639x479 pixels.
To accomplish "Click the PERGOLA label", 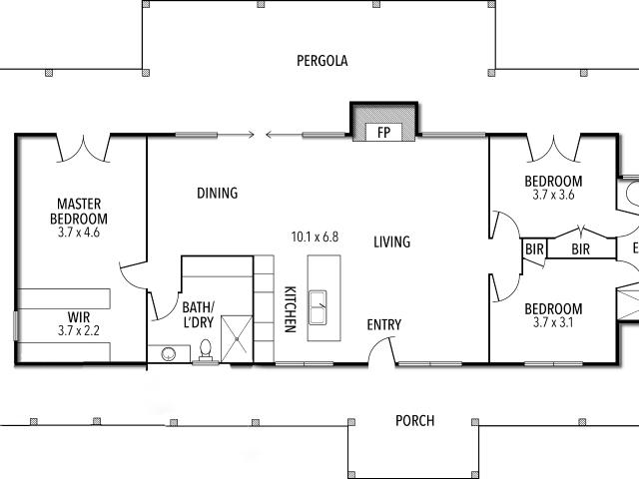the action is (x=321, y=61).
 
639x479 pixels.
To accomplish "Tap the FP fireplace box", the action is (x=383, y=133).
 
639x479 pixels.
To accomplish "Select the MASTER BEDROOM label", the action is (x=79, y=212).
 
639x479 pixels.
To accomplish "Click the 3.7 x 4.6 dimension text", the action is (x=79, y=233).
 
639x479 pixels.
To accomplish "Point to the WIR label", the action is (x=79, y=317).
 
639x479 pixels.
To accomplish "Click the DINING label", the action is (x=218, y=193).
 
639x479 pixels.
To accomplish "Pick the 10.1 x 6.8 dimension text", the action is (x=315, y=237).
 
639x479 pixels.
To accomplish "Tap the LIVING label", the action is (x=392, y=241).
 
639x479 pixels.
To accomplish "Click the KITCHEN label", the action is (x=290, y=309).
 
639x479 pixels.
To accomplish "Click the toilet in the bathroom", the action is (x=206, y=350).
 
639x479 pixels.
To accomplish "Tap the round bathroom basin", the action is (x=169, y=354).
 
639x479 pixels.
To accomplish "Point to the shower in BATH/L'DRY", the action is (x=237, y=338).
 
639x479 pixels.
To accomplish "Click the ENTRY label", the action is (x=383, y=324).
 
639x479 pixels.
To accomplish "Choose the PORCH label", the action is (x=415, y=421).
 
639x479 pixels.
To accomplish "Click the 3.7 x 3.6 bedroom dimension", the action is (x=553, y=195).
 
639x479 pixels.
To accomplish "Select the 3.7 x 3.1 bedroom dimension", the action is (x=553, y=322).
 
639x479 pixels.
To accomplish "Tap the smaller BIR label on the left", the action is (x=534, y=248).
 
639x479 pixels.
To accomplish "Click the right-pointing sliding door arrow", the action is (x=236, y=134).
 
